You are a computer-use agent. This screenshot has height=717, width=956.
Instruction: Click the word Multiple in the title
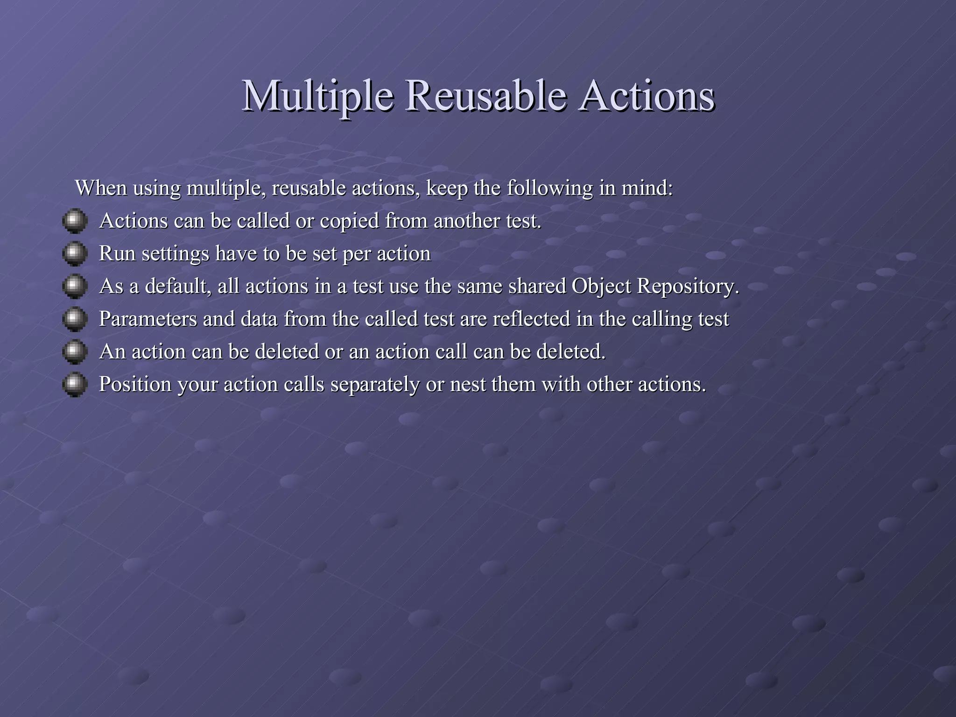coord(317,97)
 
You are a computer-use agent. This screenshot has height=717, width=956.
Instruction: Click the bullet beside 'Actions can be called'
coord(75,221)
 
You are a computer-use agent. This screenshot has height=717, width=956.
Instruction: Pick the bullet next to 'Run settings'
coord(75,253)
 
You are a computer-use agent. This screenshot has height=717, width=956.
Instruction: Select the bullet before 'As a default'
coord(75,286)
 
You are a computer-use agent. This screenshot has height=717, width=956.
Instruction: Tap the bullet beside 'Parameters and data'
coord(75,319)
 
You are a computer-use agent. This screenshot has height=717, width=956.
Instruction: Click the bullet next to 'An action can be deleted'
coord(75,351)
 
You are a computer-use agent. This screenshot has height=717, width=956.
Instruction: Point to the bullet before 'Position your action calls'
coord(75,384)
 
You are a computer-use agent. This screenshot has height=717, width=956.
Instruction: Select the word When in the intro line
coord(101,188)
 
